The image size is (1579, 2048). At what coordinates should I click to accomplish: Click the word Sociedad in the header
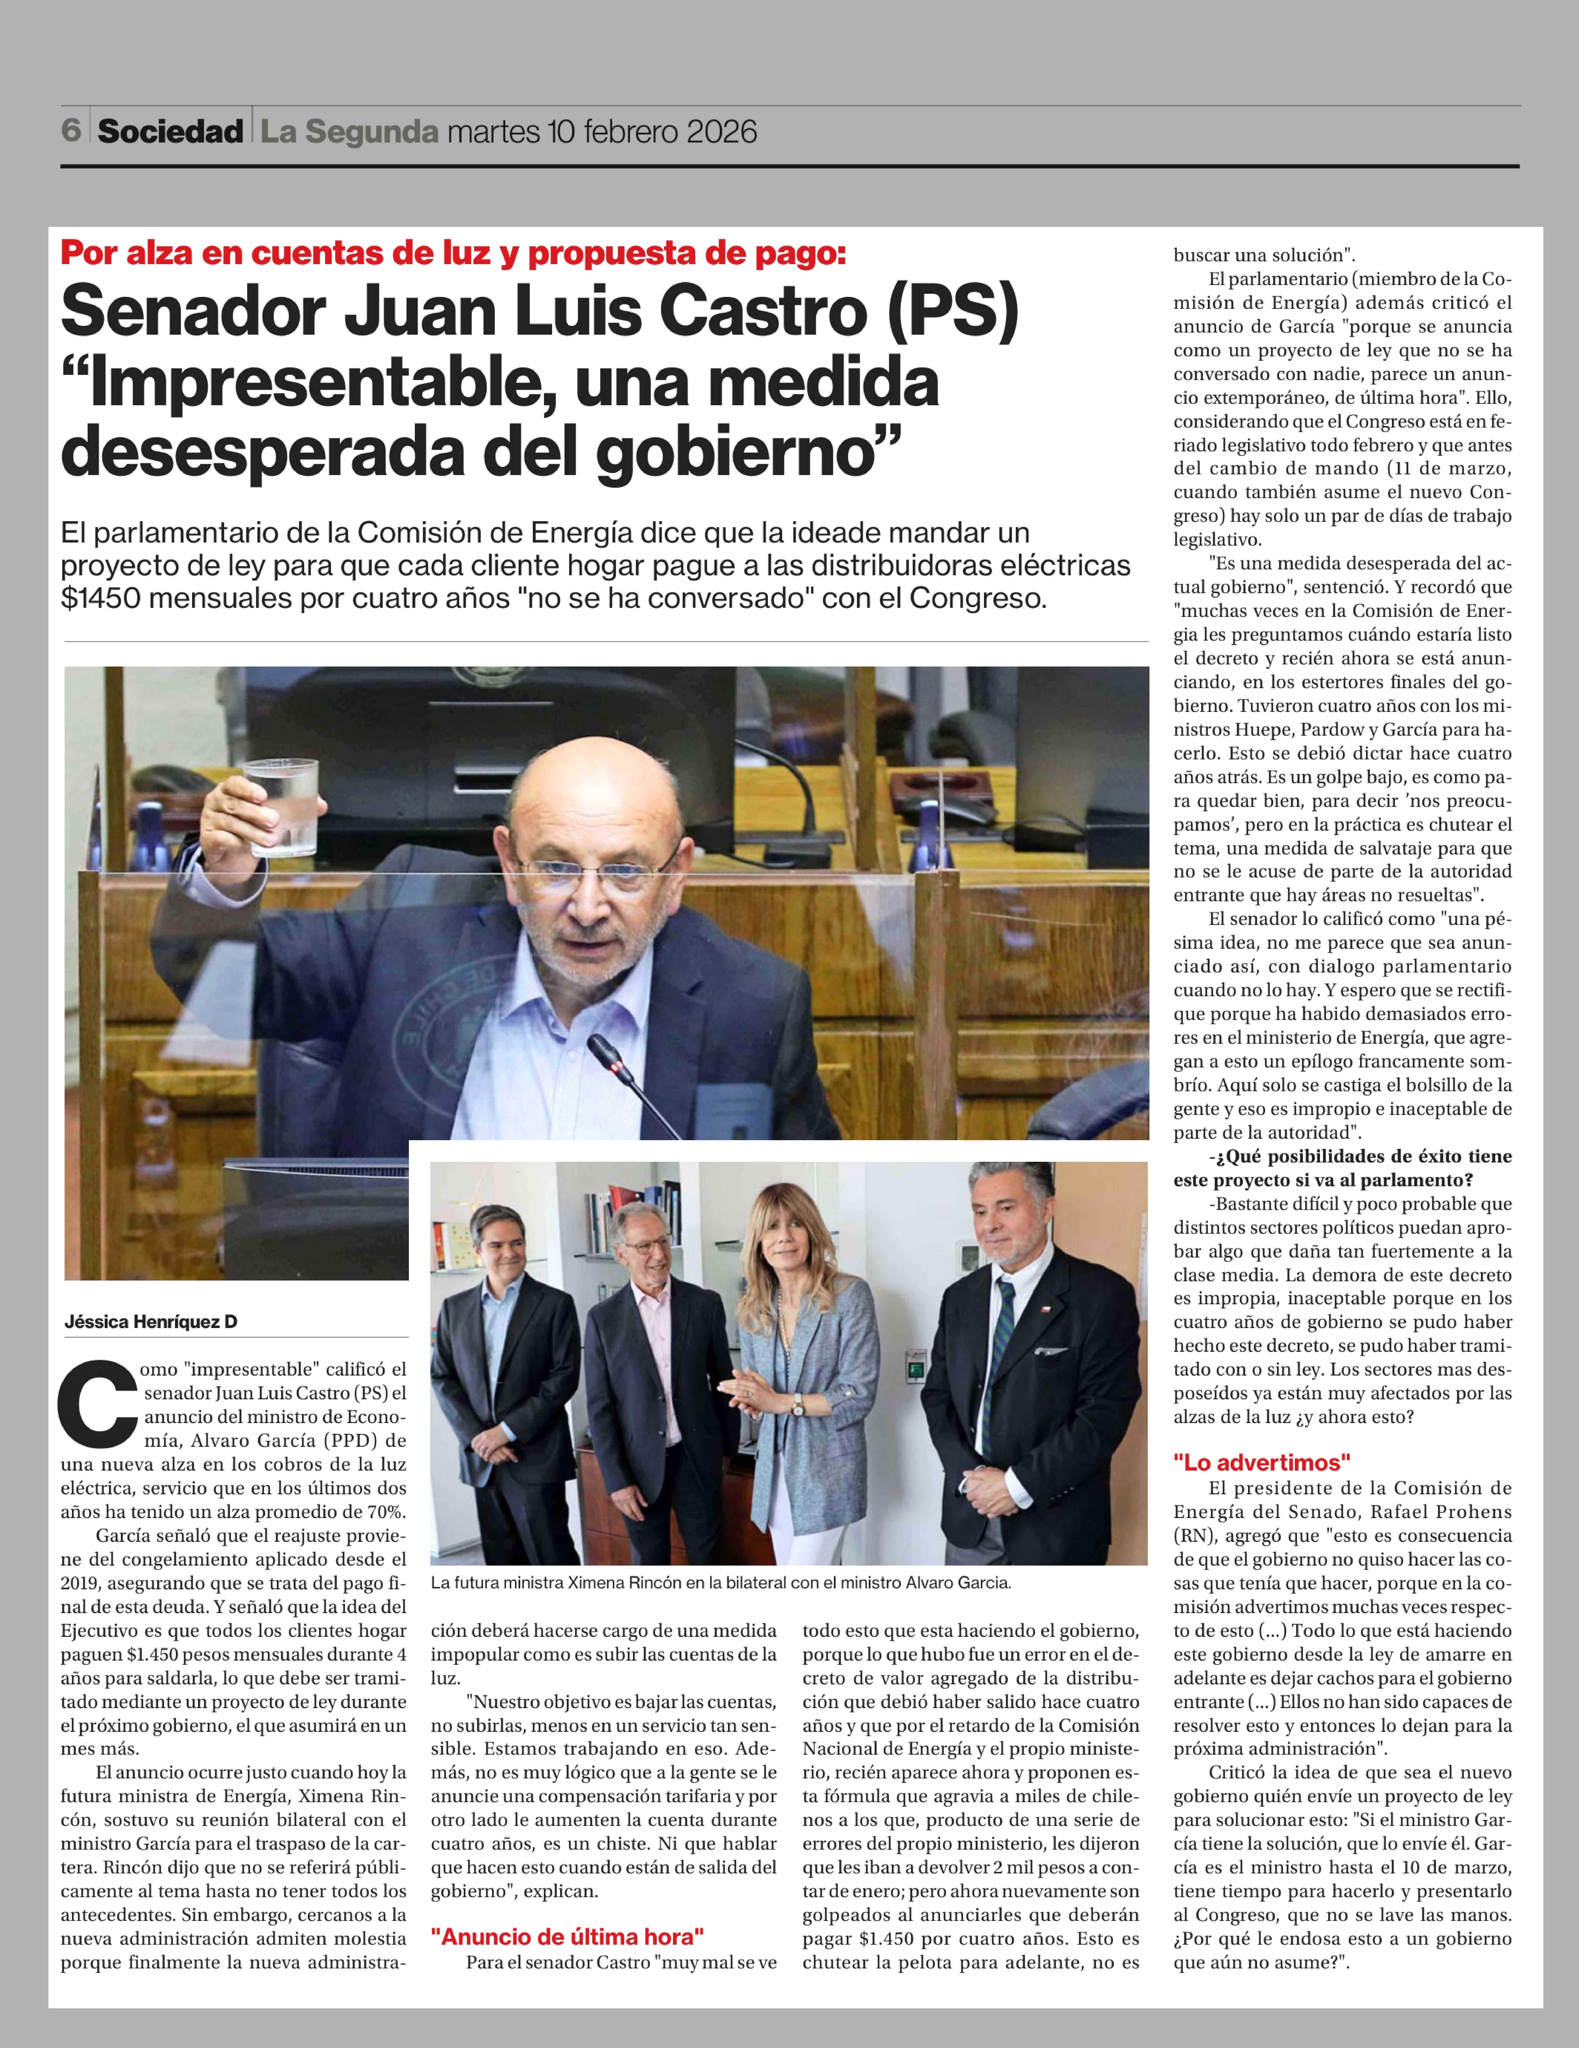tap(170, 131)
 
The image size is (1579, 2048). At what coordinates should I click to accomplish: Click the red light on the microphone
tap(616, 1067)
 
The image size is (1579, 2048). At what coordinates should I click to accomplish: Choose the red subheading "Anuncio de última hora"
tap(566, 1936)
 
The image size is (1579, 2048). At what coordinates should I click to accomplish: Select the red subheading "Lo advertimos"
tap(1261, 1462)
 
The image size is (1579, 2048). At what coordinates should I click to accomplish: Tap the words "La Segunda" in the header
tap(349, 131)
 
